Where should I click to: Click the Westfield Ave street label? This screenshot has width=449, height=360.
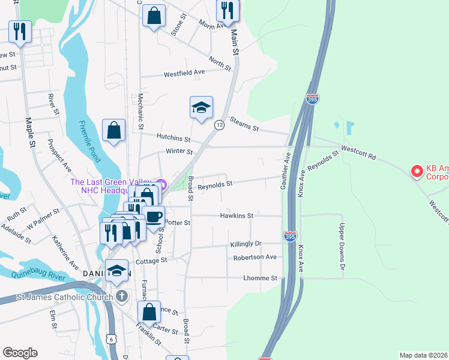pyautogui.click(x=185, y=72)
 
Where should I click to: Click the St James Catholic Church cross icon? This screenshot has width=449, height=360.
pyautogui.click(x=122, y=296)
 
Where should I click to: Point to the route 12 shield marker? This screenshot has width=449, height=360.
pyautogui.click(x=220, y=124)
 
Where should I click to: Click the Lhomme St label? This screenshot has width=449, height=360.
pyautogui.click(x=260, y=278)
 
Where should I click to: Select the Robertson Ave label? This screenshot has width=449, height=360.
pyautogui.click(x=255, y=257)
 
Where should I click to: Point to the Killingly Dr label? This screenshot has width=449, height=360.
pyautogui.click(x=246, y=244)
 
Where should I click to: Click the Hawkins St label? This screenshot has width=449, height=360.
pyautogui.click(x=237, y=215)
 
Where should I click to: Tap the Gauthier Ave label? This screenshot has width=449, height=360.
pyautogui.click(x=286, y=171)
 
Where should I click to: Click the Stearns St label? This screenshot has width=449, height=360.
pyautogui.click(x=244, y=124)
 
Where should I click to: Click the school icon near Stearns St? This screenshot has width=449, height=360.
pyautogui.click(x=201, y=107)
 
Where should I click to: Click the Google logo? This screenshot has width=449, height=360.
pyautogui.click(x=20, y=353)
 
